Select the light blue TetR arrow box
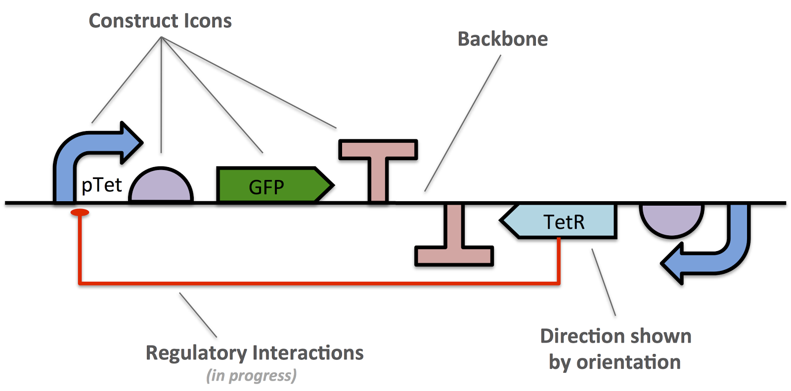point(564,221)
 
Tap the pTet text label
point(101,185)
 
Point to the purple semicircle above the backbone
point(161,187)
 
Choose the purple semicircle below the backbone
point(671,217)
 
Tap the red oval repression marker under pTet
point(80,213)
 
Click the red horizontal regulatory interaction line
point(316,283)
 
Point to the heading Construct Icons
point(160,21)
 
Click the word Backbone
point(502,39)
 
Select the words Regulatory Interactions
point(254,353)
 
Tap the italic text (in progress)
point(251,376)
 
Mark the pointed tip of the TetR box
point(501,220)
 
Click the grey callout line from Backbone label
point(462,124)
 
